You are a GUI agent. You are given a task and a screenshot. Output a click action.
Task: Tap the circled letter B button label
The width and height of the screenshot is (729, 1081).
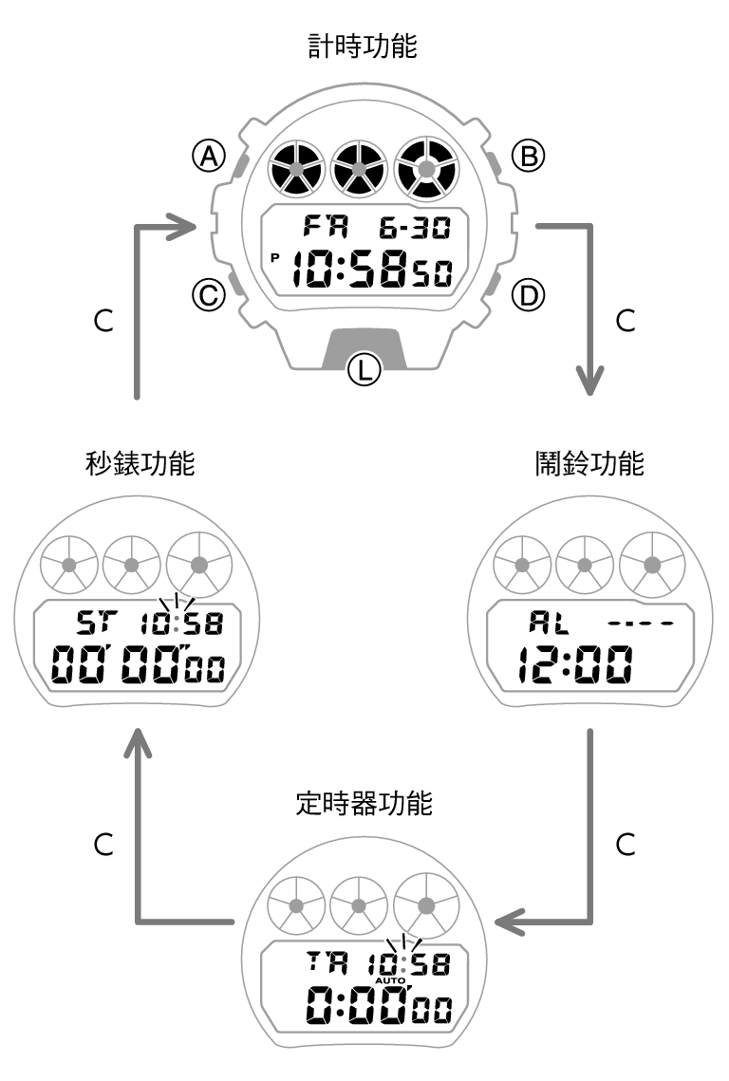coord(528,156)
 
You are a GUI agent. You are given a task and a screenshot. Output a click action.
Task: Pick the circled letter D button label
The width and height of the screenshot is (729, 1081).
coord(528,296)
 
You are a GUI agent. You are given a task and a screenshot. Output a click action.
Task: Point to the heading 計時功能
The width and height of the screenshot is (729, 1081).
coord(364,47)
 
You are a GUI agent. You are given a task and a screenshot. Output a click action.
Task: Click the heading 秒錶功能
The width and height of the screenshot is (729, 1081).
coord(140,464)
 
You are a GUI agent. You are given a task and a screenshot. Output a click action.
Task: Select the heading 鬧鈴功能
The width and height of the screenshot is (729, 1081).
coord(589,464)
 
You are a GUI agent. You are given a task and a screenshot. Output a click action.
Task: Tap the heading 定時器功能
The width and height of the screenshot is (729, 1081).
coord(364,805)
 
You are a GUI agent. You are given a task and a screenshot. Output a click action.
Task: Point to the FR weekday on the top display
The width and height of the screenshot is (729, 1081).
coord(326,227)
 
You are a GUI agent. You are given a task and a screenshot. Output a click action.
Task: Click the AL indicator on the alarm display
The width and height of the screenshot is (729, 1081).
coord(545,624)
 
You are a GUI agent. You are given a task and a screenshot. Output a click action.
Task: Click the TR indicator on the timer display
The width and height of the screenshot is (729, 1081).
coord(327,964)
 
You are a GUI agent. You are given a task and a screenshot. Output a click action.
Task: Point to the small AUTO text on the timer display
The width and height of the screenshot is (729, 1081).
coord(390,980)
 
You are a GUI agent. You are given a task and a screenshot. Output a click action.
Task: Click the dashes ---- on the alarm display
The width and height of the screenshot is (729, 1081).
coord(642,624)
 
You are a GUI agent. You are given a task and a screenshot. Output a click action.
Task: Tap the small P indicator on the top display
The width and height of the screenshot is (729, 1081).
coord(275,257)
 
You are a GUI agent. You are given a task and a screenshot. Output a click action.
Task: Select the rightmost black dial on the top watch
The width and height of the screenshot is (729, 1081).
coord(425,169)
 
